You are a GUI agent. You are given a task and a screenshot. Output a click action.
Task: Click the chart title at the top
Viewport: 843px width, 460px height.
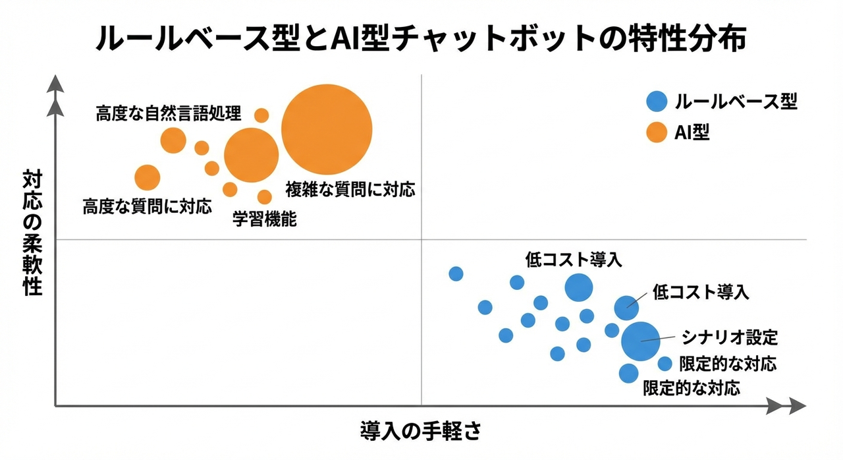click(421, 39)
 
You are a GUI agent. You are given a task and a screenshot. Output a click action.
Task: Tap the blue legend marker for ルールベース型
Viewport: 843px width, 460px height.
click(657, 102)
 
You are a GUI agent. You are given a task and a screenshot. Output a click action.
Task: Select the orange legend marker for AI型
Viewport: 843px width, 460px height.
click(657, 133)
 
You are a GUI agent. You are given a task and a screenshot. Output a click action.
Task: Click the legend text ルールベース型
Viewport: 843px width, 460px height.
click(736, 102)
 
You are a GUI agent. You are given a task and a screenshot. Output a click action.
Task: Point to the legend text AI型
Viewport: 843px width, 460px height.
click(692, 133)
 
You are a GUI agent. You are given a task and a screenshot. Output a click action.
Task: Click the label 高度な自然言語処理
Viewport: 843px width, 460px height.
click(169, 113)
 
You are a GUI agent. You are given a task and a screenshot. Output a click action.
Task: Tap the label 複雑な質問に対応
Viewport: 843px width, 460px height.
click(350, 190)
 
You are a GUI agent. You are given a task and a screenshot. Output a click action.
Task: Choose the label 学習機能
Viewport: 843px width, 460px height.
click(265, 219)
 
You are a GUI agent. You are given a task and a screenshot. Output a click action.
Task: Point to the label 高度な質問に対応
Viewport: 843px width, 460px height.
click(148, 207)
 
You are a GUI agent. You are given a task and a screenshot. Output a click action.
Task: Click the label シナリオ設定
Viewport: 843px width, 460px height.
click(730, 337)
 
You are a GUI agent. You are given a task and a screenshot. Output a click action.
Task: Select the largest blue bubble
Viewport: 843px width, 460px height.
click(640, 339)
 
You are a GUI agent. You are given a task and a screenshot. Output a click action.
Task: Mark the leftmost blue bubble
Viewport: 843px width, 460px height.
click(456, 273)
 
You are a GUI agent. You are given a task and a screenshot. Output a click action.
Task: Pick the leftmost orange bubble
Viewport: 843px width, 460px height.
click(147, 177)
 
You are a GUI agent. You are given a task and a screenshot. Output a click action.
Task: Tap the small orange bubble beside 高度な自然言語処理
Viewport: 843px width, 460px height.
click(261, 115)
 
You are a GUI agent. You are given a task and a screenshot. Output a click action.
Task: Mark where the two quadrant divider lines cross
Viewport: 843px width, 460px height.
click(421, 240)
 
